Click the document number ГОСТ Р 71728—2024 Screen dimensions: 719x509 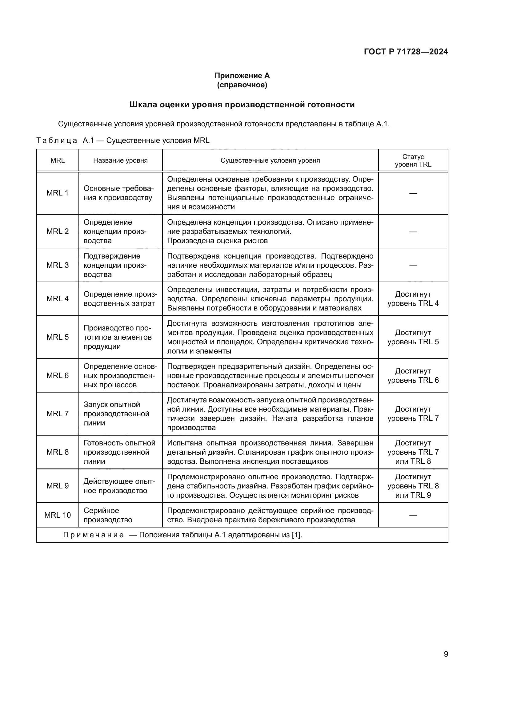[406, 52]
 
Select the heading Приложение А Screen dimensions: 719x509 [242, 76]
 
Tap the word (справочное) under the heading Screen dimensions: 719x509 [242, 85]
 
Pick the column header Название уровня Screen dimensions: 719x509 [120, 160]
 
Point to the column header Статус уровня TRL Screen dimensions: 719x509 [413, 160]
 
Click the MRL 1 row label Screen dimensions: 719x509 [57, 193]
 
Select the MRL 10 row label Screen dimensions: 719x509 [57, 515]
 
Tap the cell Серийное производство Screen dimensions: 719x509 [107, 515]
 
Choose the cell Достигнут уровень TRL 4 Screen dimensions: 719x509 [413, 298]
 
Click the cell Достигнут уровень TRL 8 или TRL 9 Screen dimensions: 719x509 [413, 486]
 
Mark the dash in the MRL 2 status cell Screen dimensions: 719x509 [413, 231]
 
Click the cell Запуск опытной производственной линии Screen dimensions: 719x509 [116, 413]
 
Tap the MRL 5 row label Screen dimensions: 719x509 [57, 337]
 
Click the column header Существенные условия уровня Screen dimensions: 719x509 [270, 160]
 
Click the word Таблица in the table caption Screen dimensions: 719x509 [57, 140]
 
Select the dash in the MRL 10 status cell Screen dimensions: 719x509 [413, 515]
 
